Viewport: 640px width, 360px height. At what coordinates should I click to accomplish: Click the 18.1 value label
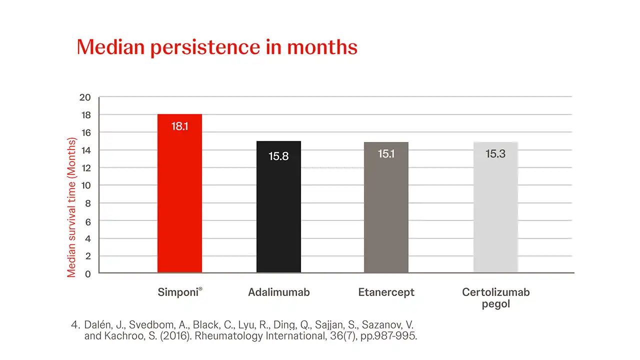179,126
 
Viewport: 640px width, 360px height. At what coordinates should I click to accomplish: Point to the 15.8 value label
278,156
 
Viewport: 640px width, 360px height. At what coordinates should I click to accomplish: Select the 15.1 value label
386,154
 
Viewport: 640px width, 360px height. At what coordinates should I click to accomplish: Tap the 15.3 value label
495,154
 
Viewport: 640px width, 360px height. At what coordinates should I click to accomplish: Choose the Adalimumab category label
279,292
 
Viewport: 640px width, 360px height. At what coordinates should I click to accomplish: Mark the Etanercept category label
386,292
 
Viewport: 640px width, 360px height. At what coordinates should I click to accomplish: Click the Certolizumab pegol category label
495,297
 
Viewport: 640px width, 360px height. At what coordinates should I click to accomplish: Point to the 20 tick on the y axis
85,97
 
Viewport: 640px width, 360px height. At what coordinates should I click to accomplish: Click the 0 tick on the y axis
88,274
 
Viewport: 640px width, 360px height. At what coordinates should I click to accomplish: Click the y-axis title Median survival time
72,207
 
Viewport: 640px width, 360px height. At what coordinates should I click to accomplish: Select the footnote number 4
75,325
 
